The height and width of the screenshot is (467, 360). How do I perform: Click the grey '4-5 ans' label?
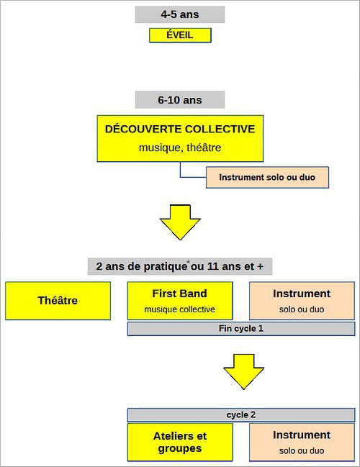[180, 14]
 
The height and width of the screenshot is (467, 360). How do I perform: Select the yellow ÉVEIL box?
[180, 35]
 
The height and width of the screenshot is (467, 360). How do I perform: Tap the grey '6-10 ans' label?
[180, 100]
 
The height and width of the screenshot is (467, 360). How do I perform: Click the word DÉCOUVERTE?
[143, 129]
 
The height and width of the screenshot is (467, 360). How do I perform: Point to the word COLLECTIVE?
[220, 129]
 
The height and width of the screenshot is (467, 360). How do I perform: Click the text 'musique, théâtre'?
[180, 148]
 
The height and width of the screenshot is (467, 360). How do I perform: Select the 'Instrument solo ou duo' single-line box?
[267, 177]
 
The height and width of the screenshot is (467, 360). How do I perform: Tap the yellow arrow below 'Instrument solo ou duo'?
[180, 222]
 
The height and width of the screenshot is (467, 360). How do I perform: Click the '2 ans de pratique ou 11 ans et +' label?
[180, 266]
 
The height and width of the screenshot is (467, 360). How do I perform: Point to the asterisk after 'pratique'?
[188, 262]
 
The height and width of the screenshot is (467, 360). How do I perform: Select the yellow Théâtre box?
[58, 301]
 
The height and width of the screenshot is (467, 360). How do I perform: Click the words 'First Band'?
[180, 294]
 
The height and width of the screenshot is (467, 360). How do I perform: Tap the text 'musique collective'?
[180, 309]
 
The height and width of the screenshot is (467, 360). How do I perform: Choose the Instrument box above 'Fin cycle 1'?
[302, 301]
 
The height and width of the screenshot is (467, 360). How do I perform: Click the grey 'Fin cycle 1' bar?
[241, 329]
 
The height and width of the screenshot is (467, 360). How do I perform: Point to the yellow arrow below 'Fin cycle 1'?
[244, 372]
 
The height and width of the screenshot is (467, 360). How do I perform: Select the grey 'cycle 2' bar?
[241, 415]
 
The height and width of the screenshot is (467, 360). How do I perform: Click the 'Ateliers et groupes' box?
[180, 443]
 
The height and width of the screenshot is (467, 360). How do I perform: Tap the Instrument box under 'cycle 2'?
[302, 443]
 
